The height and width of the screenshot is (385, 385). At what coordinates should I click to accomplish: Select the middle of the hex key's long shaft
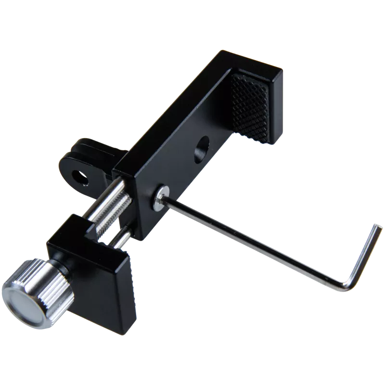click(x=250, y=241)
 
